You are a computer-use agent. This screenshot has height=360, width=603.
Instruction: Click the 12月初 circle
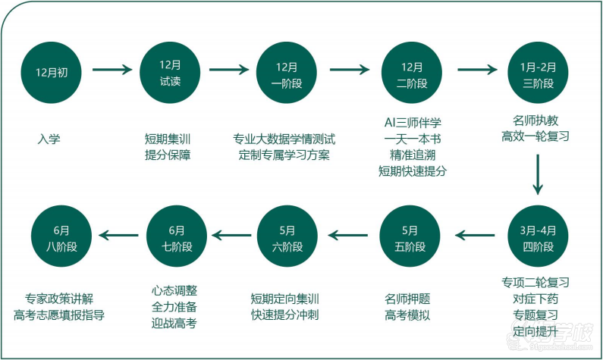click(52, 72)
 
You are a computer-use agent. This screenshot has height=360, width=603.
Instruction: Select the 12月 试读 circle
click(171, 72)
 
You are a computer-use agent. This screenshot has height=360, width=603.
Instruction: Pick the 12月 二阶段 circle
click(413, 72)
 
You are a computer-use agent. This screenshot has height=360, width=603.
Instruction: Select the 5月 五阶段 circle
click(410, 237)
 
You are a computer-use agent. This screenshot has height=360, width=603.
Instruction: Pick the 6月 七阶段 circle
click(177, 237)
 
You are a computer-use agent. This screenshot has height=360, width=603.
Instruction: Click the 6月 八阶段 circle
click(61, 237)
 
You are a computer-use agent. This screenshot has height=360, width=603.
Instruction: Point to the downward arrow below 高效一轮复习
click(538, 174)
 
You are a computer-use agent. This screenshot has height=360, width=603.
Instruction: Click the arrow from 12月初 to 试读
click(111, 70)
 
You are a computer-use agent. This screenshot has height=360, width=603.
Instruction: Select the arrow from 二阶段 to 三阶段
click(476, 70)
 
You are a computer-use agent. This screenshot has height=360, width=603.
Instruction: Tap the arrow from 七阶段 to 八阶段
click(120, 237)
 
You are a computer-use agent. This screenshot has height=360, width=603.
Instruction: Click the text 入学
click(49, 139)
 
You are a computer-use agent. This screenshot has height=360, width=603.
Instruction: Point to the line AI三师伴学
click(413, 122)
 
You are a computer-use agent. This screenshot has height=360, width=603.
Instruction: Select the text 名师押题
click(407, 298)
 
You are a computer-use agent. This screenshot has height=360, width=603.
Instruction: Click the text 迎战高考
click(174, 324)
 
